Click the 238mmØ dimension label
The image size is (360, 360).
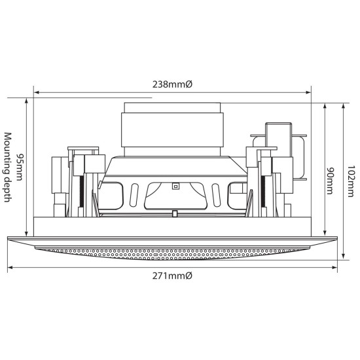coord(173,84)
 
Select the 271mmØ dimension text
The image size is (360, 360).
coord(173,277)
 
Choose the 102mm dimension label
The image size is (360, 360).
coord(351,175)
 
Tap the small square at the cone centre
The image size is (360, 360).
coord(175,185)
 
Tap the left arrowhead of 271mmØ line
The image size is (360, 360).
coord(9,268)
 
